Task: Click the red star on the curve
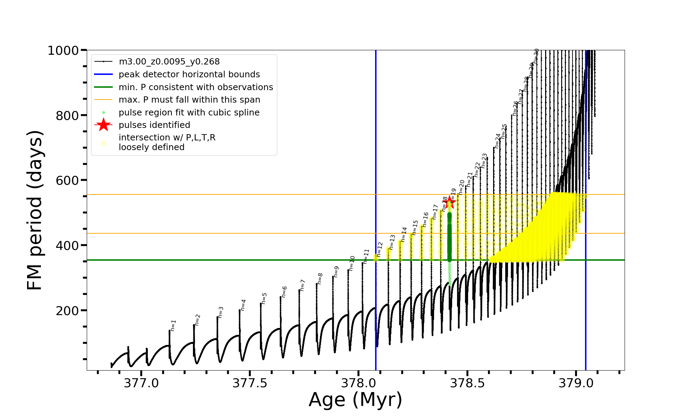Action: (450, 202)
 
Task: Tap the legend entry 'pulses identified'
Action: (154, 125)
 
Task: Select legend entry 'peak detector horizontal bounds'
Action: (189, 75)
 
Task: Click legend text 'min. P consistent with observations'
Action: (196, 87)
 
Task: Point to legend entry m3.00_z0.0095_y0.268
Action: (169, 62)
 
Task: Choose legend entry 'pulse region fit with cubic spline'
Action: (189, 113)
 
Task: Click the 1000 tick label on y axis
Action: (63, 51)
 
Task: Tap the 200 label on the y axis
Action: (67, 311)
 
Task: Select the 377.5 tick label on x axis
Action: (250, 383)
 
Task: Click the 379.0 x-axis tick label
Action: (576, 383)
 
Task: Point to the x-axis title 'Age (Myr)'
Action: (355, 400)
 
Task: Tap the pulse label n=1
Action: (173, 325)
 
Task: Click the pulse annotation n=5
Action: (264, 298)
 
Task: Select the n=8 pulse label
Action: (320, 278)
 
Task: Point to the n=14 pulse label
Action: (404, 234)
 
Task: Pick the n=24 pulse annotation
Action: (498, 141)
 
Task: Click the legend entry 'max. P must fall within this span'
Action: (189, 100)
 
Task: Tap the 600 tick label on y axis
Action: (67, 181)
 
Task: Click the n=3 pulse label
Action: (221, 312)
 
